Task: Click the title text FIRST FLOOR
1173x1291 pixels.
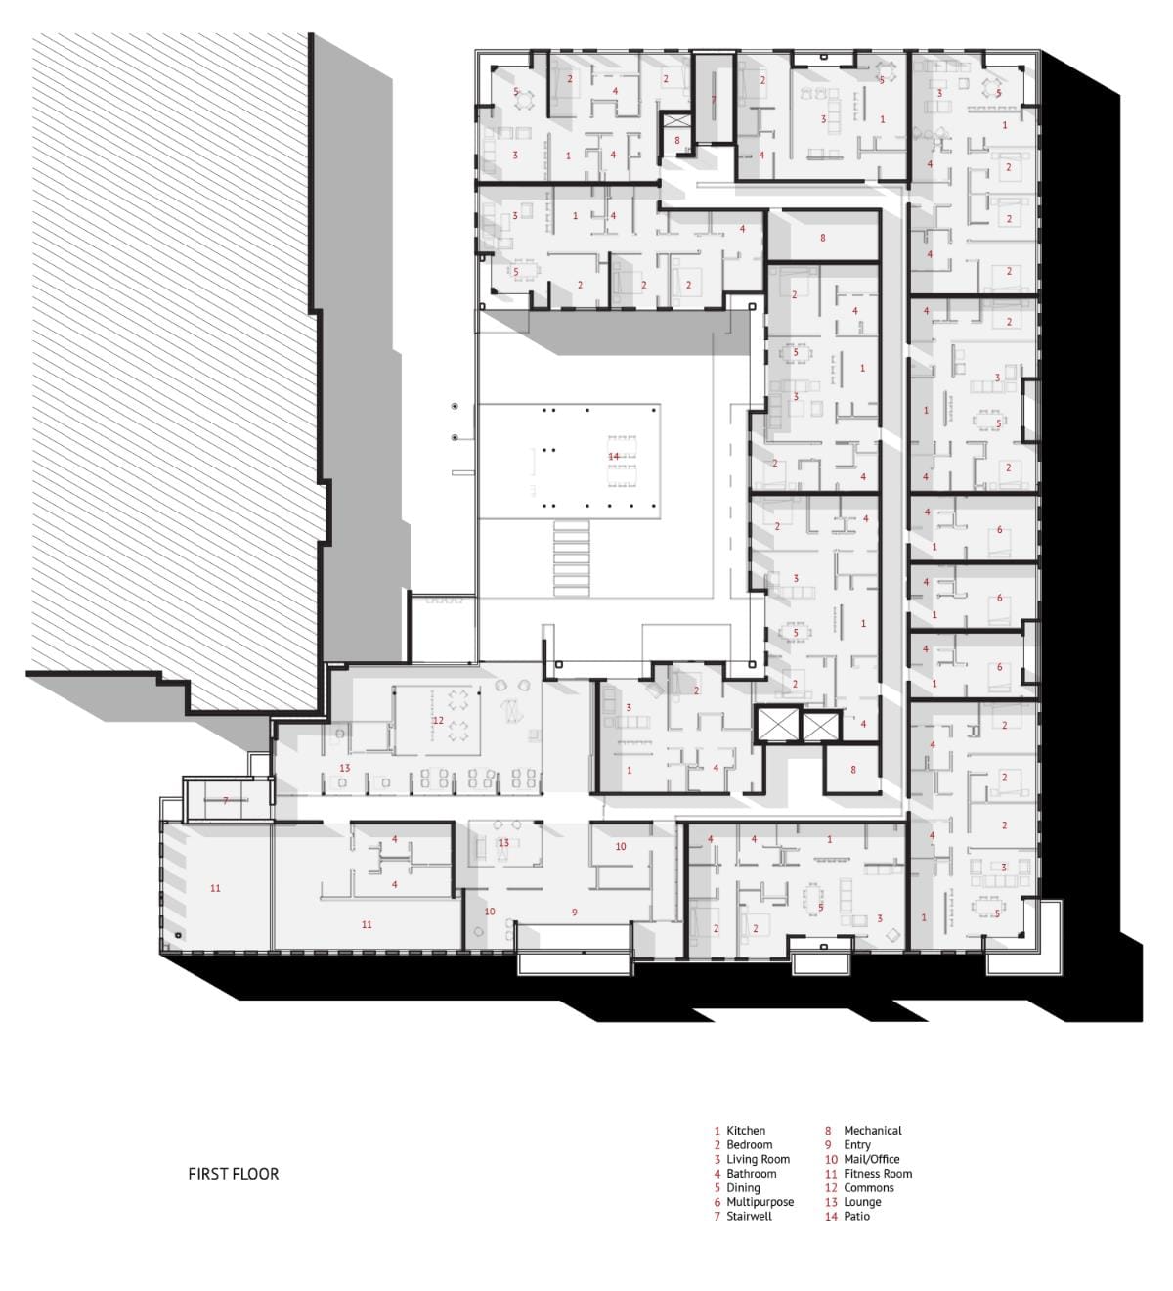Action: [x=233, y=1174]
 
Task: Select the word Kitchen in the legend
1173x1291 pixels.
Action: [x=746, y=1130]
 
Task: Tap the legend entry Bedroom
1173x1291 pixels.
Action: [x=749, y=1144]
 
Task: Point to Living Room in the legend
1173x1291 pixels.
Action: [x=758, y=1159]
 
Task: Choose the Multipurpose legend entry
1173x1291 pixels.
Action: [x=760, y=1202]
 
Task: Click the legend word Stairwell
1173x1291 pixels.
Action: [x=749, y=1216]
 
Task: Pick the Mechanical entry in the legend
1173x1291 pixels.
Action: [x=873, y=1130]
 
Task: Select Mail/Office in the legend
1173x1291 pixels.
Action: [x=871, y=1159]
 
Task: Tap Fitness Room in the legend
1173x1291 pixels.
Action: [x=878, y=1174]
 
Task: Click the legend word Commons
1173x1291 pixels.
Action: [x=869, y=1187]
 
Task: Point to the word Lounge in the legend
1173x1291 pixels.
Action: [x=862, y=1202]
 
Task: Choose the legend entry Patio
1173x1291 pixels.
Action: [x=856, y=1216]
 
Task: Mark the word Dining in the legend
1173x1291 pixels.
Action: [x=743, y=1187]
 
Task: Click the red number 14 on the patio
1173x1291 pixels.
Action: [x=613, y=457]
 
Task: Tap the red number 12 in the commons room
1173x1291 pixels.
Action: [x=438, y=720]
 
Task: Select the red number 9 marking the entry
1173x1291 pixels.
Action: [x=575, y=912]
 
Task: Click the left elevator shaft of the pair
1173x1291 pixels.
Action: [x=777, y=726]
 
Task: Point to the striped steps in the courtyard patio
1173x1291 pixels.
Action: [x=571, y=558]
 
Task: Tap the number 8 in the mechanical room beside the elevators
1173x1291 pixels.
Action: [x=853, y=769]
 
